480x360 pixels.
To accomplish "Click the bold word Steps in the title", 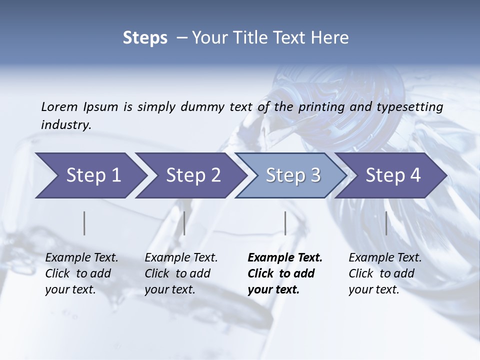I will point(145,38).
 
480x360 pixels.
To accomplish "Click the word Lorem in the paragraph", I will point(59,107).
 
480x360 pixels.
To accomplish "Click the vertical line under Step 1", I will point(84,223).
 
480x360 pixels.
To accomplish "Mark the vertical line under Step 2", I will point(184,223).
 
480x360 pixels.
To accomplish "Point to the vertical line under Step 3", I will point(285,223).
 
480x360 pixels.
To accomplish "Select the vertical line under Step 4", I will point(386,223).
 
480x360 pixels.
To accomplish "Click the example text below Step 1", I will point(81,273).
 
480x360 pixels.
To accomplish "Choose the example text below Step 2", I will point(181,273).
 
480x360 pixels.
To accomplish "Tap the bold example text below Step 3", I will point(284,273).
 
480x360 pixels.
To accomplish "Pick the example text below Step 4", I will point(385,273).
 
